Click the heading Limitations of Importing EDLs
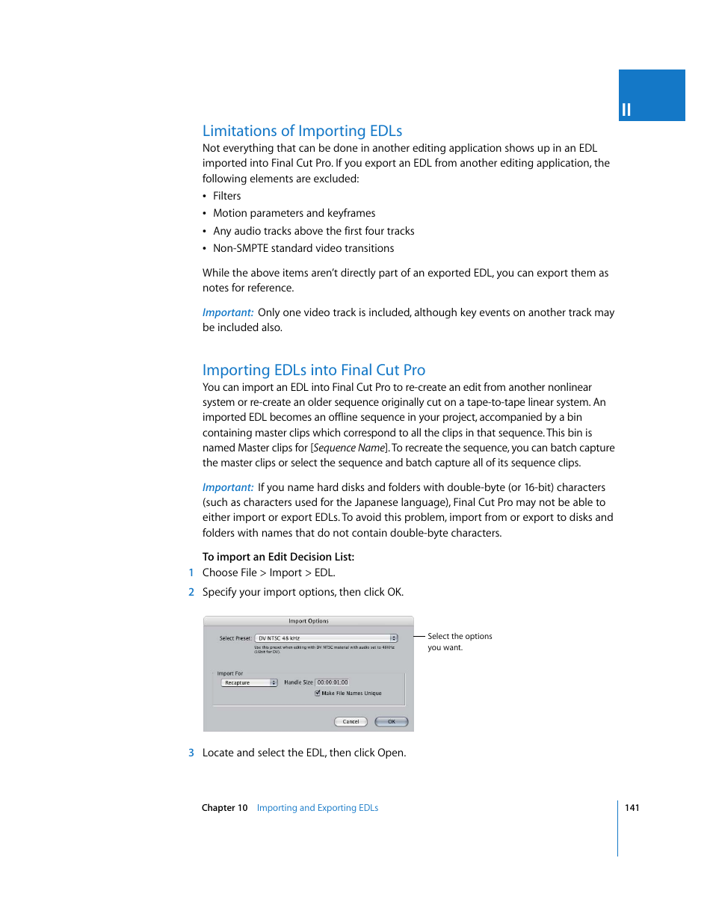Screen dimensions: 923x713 click(302, 131)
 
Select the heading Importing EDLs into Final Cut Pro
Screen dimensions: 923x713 click(313, 370)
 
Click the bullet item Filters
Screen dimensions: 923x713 click(226, 196)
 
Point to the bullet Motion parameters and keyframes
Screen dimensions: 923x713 click(294, 213)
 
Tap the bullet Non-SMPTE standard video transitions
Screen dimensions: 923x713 click(303, 248)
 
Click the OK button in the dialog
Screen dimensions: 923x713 click(391, 722)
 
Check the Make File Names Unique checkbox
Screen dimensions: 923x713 click(318, 694)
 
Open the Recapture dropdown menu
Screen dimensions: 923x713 click(249, 683)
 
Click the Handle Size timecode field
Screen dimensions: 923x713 click(332, 682)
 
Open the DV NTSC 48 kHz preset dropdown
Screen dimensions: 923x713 click(326, 638)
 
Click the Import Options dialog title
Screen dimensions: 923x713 click(308, 621)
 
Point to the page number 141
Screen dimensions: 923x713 click(632, 808)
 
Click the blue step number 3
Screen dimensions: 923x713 click(191, 753)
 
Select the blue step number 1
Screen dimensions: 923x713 click(191, 572)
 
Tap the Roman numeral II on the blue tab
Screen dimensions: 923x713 click(626, 111)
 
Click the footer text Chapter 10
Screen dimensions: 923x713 click(224, 808)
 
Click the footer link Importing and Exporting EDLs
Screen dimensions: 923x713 click(317, 808)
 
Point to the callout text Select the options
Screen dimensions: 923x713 click(460, 637)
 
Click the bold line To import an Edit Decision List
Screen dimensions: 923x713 click(278, 557)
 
